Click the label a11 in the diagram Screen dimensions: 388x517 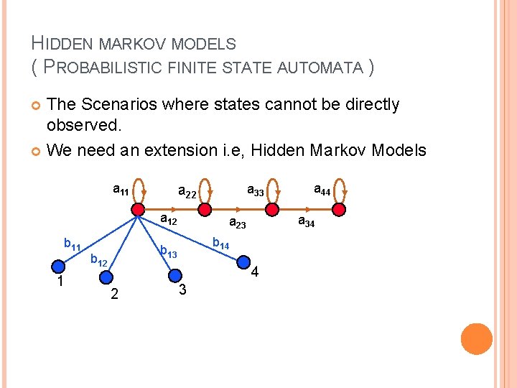click(121, 190)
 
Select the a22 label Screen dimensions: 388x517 click(187, 193)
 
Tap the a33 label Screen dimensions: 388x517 click(256, 191)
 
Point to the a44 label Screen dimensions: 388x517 click(322, 190)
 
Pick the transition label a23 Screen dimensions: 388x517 click(237, 224)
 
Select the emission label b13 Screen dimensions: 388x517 click(168, 252)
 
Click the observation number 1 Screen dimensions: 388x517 click(61, 281)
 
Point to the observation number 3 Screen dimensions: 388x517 click(182, 289)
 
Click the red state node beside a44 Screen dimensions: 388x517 click(339, 209)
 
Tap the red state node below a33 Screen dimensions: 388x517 click(271, 209)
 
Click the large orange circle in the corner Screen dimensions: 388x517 click(476, 338)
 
